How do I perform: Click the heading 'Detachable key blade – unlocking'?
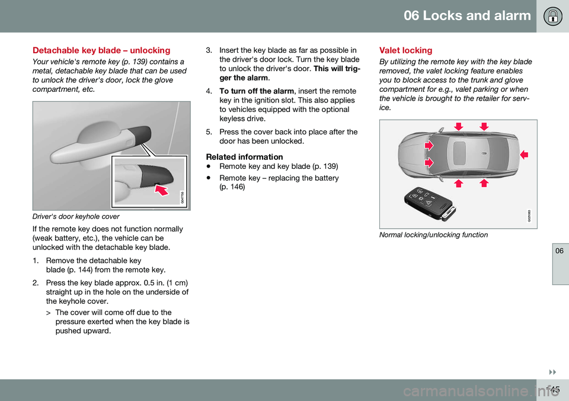point(101,50)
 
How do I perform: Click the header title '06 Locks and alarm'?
point(467,16)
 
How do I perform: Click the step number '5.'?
point(209,132)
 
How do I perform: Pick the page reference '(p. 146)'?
point(232,187)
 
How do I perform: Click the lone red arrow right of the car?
point(524,154)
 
